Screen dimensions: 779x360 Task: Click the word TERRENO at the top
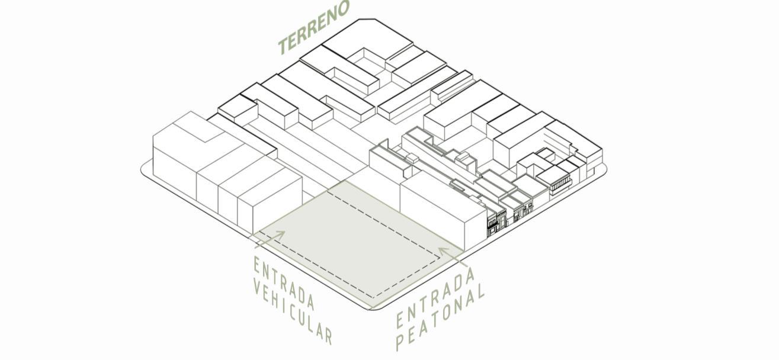pyautogui.click(x=315, y=28)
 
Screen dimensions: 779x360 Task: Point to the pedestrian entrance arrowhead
pyautogui.click(x=443, y=251)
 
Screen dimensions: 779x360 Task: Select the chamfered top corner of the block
pyautogui.click(x=367, y=20)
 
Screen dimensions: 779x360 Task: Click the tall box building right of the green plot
pyautogui.click(x=441, y=213)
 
